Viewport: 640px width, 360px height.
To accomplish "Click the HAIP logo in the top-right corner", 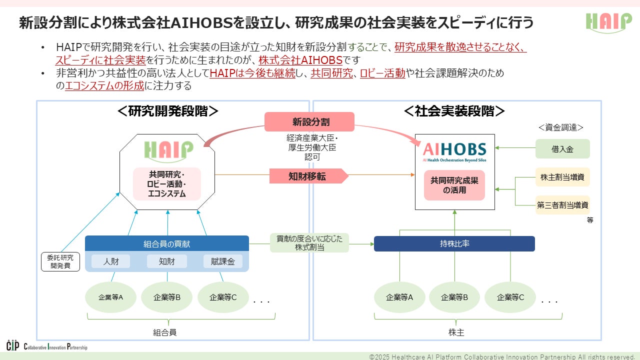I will pos(608,22).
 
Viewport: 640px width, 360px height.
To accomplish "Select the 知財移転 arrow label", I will pos(308,176).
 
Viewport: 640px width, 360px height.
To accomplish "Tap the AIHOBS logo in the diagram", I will pos(454,150).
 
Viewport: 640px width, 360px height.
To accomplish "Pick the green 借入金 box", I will pos(562,149).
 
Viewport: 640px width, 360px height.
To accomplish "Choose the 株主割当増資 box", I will pos(562,176).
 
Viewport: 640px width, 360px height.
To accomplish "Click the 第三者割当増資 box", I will pos(562,204).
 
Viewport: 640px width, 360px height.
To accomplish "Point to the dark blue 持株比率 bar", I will pos(454,244).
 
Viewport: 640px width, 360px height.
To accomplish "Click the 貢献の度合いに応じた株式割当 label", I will pos(309,243).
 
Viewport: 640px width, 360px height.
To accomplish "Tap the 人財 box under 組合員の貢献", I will pos(110,261).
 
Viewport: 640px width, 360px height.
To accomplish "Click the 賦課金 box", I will pos(222,261).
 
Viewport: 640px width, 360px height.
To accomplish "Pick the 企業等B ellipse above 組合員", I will pos(167,297).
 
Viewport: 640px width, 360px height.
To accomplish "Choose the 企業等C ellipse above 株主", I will pos(510,297).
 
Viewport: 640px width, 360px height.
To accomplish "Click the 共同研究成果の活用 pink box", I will pos(454,185).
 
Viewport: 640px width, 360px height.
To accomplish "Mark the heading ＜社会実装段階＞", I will pos(454,111).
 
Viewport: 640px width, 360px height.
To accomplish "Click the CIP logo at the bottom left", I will pos(12,345).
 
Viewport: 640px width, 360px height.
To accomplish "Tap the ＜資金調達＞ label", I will pos(561,128).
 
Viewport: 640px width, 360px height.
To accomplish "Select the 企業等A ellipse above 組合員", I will pos(111,297).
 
